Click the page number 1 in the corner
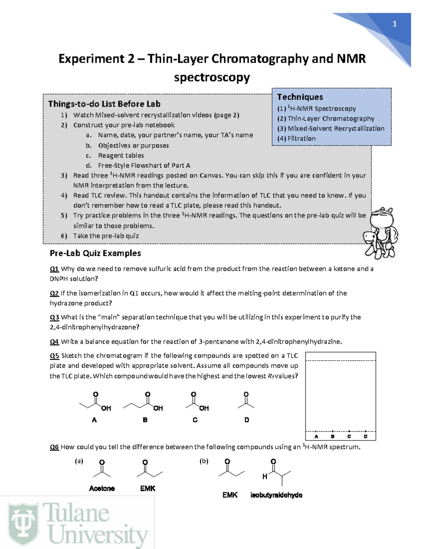tap(394, 24)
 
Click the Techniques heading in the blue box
tap(300, 97)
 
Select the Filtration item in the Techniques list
tap(301, 139)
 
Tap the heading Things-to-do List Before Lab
tap(104, 104)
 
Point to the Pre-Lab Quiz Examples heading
tap(95, 253)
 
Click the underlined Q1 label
tap(54, 269)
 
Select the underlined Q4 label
tap(54, 341)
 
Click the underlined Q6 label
tap(54, 447)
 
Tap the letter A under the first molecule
tap(94, 420)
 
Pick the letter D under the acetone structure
tap(247, 420)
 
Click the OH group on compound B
tap(158, 408)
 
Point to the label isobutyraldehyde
tap(276, 495)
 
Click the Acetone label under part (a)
tap(102, 488)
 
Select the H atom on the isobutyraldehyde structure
tap(265, 477)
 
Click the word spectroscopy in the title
tap(212, 77)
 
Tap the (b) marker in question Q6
tap(204, 461)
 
